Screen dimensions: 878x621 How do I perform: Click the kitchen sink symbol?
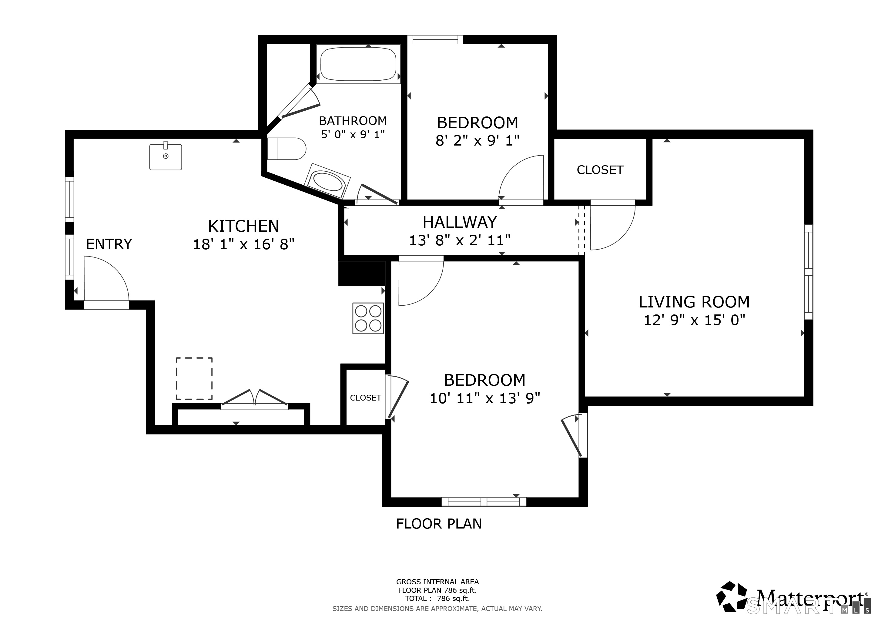(166, 156)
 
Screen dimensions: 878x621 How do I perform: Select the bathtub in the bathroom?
(358, 64)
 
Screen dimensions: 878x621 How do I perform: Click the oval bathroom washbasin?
(328, 181)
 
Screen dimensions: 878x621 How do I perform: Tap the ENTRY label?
(109, 244)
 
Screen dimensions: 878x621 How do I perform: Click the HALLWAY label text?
(460, 222)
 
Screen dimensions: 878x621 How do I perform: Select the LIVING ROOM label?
(694, 302)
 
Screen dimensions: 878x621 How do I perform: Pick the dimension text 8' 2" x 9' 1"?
(477, 141)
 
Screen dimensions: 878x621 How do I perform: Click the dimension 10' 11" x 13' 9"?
(485, 398)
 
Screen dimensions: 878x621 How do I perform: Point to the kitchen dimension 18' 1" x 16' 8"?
(243, 244)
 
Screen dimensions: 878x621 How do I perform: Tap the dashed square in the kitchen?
(194, 378)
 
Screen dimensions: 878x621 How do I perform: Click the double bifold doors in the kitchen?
(255, 398)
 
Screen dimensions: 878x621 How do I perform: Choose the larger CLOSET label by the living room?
(600, 170)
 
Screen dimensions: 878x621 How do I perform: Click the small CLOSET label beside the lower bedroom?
(366, 398)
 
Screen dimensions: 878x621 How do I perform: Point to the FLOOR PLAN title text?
(439, 524)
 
